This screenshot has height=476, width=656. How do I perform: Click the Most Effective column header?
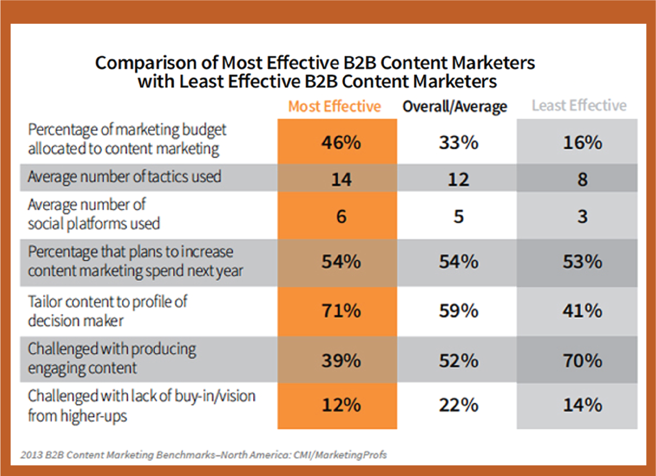335,106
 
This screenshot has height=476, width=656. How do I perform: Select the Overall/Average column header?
455,106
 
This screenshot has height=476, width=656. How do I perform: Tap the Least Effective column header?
579,106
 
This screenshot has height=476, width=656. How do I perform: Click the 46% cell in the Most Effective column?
341,142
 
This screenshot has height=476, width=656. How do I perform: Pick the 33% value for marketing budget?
458,142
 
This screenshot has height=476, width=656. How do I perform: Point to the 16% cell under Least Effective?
582,142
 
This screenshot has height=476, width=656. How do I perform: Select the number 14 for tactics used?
341,179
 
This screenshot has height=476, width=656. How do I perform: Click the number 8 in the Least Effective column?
582,179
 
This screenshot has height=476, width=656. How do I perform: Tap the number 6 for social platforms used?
341,216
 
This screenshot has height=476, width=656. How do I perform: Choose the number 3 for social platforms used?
582,216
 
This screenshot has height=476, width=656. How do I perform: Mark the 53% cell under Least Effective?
582,262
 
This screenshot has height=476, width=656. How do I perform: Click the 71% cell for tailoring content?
341,311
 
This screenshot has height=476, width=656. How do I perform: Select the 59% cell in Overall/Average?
458,311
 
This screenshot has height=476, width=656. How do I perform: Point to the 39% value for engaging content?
341,361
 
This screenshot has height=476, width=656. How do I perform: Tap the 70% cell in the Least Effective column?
582,361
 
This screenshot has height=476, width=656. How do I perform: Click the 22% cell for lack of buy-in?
458,405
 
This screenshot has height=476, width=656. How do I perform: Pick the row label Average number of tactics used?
124,177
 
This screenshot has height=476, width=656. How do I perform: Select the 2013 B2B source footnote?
203,455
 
